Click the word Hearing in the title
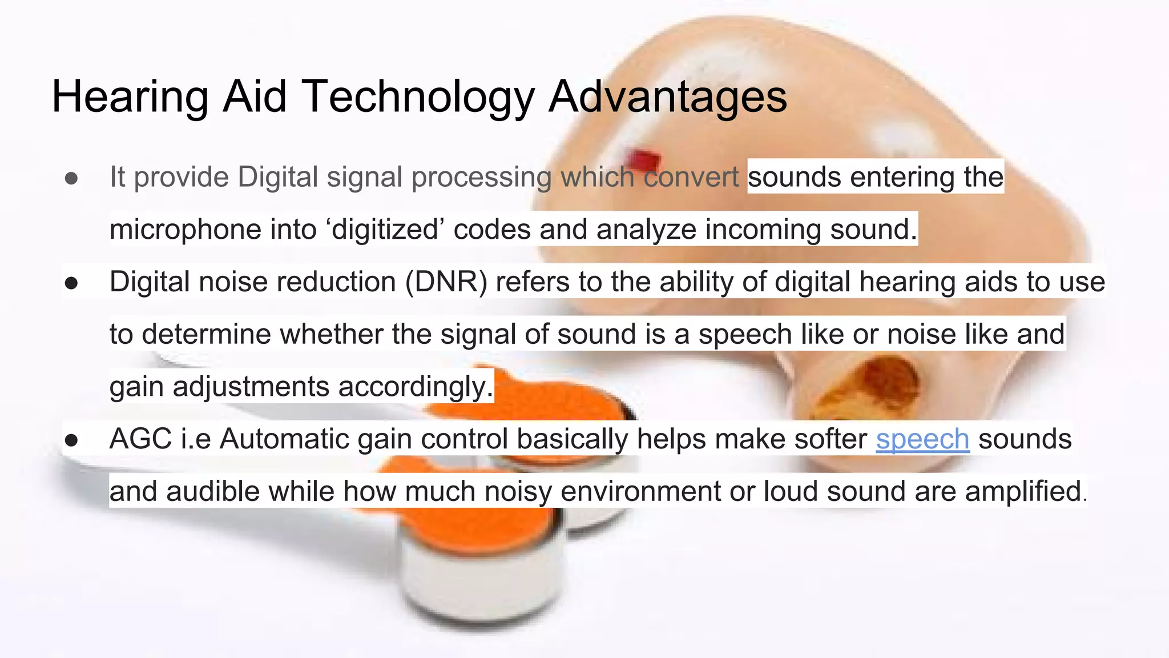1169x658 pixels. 130,97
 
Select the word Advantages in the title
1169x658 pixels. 668,97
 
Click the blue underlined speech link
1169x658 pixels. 922,439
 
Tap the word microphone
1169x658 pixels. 184,230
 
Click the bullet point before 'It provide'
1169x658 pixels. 71,178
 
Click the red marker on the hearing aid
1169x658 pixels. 644,159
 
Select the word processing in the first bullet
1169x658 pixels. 481,178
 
